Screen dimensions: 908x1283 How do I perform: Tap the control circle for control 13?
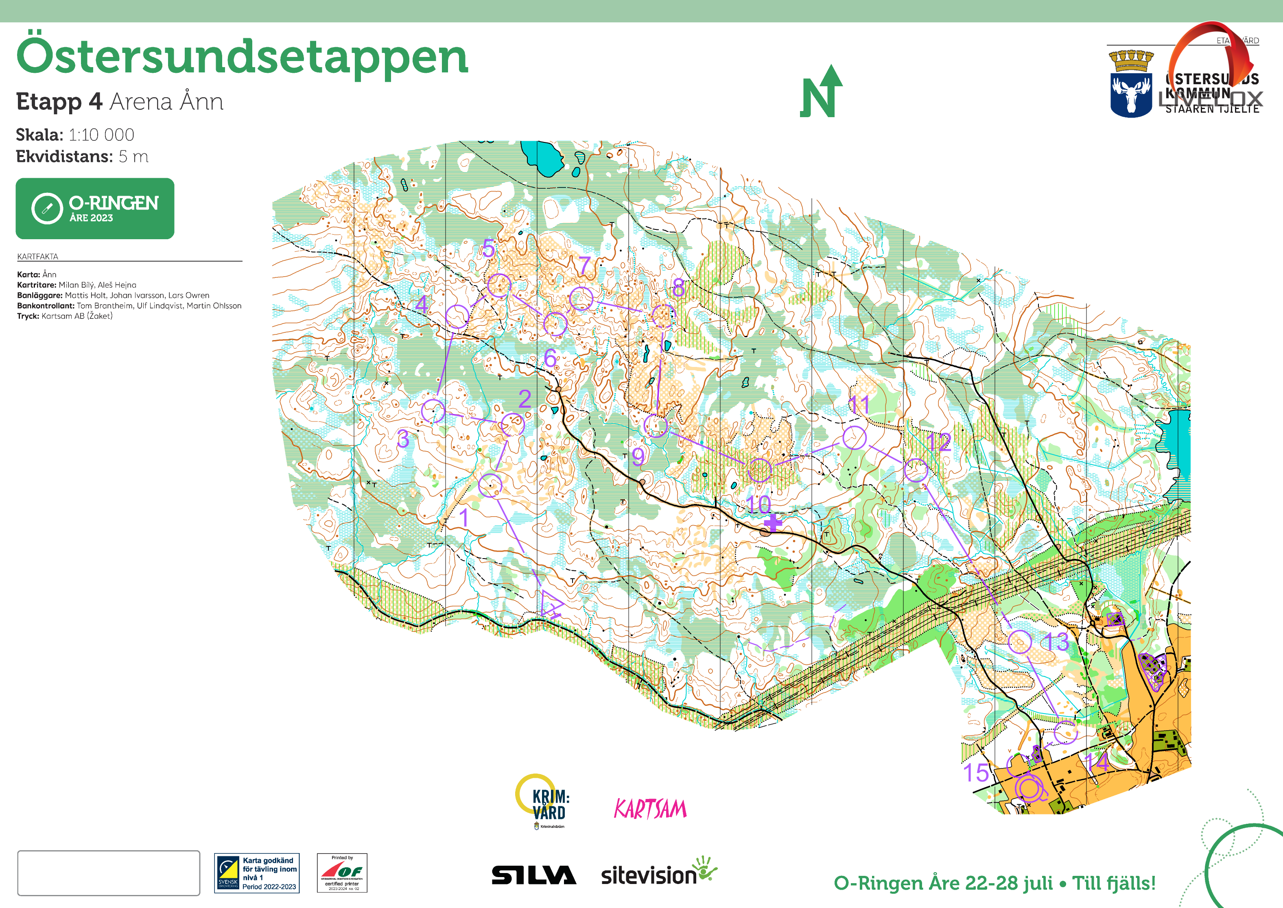[1020, 641]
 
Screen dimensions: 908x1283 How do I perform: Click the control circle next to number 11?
[854, 437]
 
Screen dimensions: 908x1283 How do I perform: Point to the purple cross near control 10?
[772, 523]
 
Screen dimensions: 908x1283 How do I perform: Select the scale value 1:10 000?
[101, 135]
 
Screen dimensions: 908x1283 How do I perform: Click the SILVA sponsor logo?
[533, 875]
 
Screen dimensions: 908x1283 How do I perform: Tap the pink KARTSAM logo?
[650, 808]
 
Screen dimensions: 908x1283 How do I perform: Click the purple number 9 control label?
[638, 457]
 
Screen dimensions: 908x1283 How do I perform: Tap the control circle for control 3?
[433, 411]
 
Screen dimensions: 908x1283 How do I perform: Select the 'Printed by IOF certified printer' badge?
[342, 872]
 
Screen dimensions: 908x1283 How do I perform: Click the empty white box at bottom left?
[109, 873]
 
